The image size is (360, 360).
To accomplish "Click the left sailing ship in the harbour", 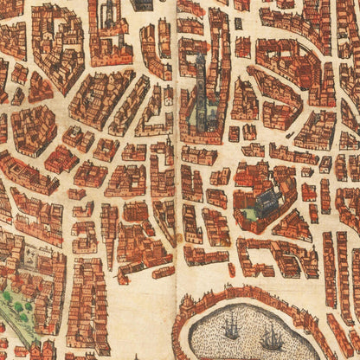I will [x=232, y=328].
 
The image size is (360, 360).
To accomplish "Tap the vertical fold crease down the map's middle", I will [x=177, y=173].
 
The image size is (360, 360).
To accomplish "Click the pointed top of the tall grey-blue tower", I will [x=201, y=56].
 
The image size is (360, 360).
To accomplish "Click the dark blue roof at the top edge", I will [x=139, y=5].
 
